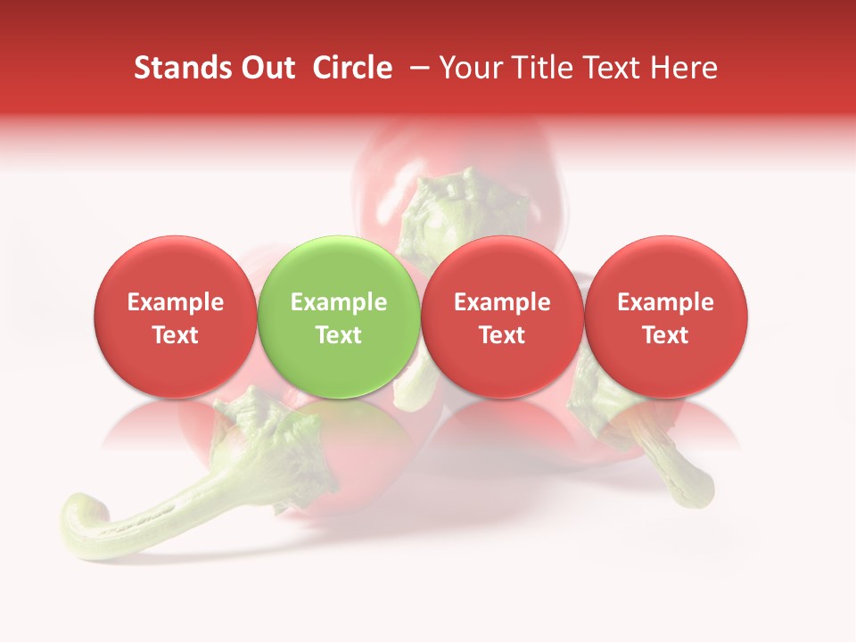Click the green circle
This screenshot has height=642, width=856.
click(339, 317)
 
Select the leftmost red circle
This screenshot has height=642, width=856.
click(175, 317)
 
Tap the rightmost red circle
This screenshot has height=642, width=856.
click(666, 317)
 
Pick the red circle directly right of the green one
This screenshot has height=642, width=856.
click(502, 317)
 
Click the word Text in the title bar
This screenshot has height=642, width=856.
click(608, 68)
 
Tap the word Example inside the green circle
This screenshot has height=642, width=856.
click(339, 302)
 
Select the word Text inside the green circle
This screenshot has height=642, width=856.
click(339, 335)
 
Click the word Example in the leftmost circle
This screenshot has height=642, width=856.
click(175, 302)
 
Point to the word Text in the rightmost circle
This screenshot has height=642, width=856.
click(666, 335)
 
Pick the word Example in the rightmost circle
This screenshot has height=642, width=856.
click(666, 302)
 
